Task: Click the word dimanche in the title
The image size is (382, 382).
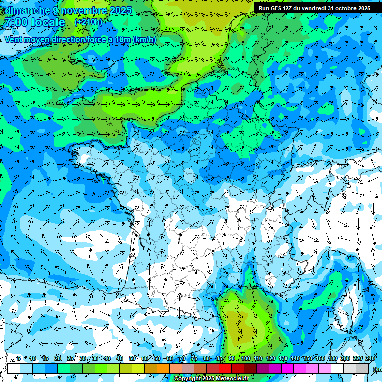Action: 27,10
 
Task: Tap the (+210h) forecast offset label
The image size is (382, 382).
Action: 89,22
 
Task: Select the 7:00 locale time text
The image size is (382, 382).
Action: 34,22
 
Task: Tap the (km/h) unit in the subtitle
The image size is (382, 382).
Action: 145,40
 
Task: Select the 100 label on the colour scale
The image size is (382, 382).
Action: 245,358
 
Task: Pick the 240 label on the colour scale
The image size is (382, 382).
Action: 370,358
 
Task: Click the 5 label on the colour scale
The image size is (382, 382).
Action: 19,358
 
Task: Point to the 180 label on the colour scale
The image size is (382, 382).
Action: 332,358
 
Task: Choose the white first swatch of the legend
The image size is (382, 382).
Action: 14,368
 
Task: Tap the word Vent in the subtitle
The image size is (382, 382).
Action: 14,40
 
